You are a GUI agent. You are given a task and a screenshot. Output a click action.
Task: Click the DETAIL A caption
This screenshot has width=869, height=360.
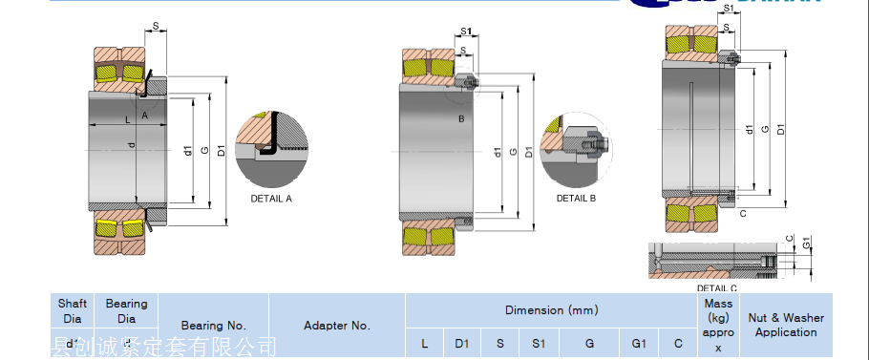[271, 199]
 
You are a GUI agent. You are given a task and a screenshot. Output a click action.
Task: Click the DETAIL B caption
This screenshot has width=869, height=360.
[576, 198]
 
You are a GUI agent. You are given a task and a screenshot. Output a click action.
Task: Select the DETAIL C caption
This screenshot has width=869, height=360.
[716, 287]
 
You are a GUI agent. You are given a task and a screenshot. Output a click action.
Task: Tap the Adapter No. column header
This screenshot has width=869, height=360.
[337, 326]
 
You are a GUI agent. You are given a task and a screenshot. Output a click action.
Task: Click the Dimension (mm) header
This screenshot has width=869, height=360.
[551, 310]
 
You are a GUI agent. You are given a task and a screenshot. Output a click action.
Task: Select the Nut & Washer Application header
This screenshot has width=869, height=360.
[786, 325]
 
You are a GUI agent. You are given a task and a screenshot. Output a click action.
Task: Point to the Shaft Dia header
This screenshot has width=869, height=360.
[73, 311]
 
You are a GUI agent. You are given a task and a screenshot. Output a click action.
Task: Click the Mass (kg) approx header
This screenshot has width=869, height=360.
[717, 326]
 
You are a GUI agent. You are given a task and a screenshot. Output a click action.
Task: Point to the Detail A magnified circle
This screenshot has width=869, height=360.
[271, 146]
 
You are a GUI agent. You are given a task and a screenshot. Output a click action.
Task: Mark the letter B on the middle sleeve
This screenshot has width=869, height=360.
[461, 118]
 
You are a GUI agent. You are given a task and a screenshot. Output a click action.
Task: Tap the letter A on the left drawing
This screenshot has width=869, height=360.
[144, 115]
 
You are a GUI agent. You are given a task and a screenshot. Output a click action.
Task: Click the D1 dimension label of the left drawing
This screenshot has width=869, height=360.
[221, 150]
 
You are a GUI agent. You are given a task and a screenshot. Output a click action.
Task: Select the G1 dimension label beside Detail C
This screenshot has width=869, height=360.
[806, 242]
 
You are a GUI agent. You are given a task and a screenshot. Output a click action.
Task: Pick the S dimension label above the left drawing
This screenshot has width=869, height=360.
[156, 27]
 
